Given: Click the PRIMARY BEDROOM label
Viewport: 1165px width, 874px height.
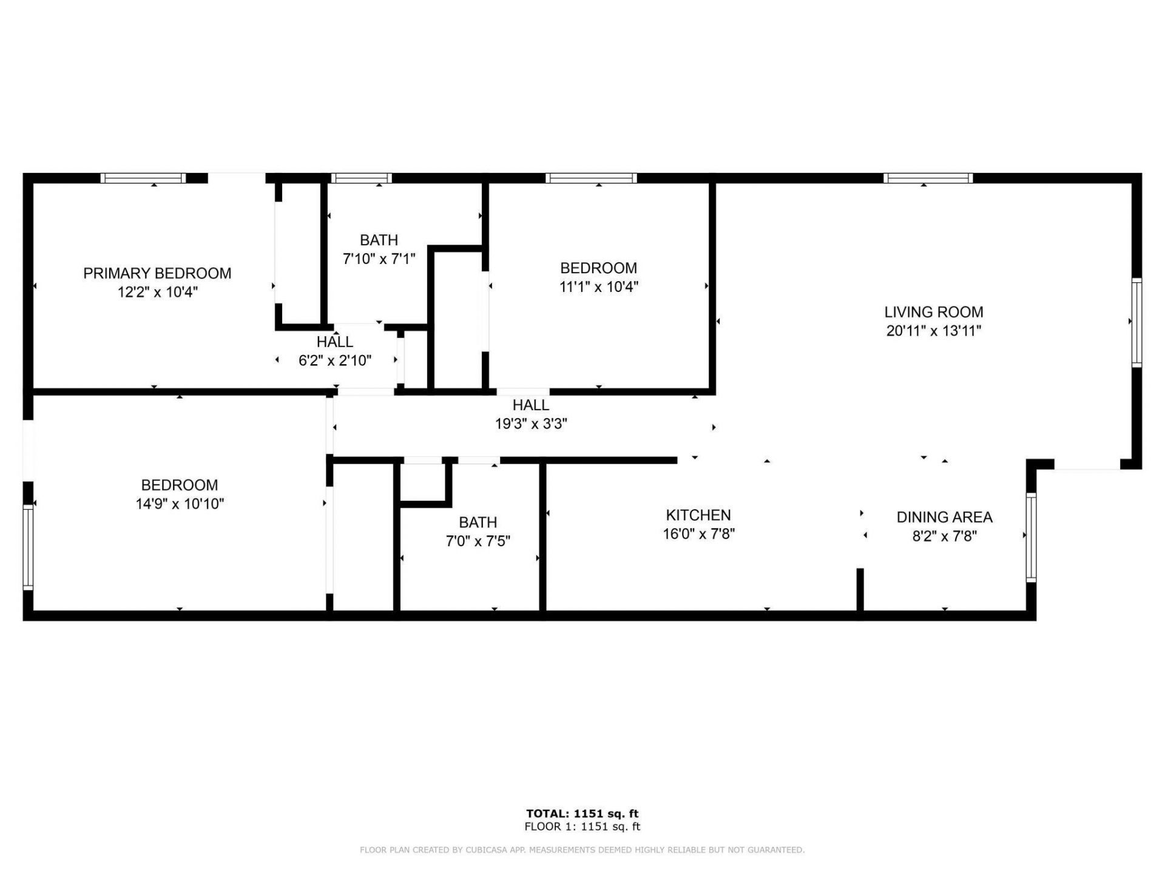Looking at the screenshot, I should (157, 273).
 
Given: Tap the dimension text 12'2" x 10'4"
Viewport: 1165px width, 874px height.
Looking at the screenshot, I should (158, 292).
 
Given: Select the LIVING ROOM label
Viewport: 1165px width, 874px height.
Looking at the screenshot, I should (933, 312).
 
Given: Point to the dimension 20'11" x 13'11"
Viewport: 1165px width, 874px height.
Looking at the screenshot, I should (933, 331).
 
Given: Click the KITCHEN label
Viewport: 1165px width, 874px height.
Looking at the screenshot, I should (698, 515).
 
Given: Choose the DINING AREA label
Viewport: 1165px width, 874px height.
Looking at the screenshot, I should (944, 517).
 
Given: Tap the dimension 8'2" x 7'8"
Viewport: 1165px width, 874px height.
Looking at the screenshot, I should (944, 536).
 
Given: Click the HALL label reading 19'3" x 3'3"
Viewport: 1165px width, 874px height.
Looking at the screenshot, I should (530, 405).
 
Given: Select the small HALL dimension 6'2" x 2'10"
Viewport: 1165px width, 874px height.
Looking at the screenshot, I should (335, 361).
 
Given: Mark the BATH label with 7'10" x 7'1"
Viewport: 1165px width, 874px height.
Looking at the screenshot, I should (379, 240).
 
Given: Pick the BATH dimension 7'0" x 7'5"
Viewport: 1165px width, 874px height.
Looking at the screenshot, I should (478, 541).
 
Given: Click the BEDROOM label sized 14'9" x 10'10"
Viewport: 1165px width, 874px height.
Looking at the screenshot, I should (179, 485).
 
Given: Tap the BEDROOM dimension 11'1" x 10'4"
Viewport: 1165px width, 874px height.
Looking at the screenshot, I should (598, 286).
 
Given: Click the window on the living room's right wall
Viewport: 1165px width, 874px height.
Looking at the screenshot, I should (1136, 322).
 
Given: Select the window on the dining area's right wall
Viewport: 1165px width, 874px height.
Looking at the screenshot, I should (1031, 538).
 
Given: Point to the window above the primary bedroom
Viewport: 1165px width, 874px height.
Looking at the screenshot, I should (143, 178).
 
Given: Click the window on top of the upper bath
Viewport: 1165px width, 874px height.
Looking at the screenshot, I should (362, 178).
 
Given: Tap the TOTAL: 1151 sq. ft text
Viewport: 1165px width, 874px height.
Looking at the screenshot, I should (582, 814).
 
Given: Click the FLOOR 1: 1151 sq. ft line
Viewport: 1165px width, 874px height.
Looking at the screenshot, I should (582, 827).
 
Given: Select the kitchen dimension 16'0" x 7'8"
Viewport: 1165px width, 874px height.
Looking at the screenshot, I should (698, 534).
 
